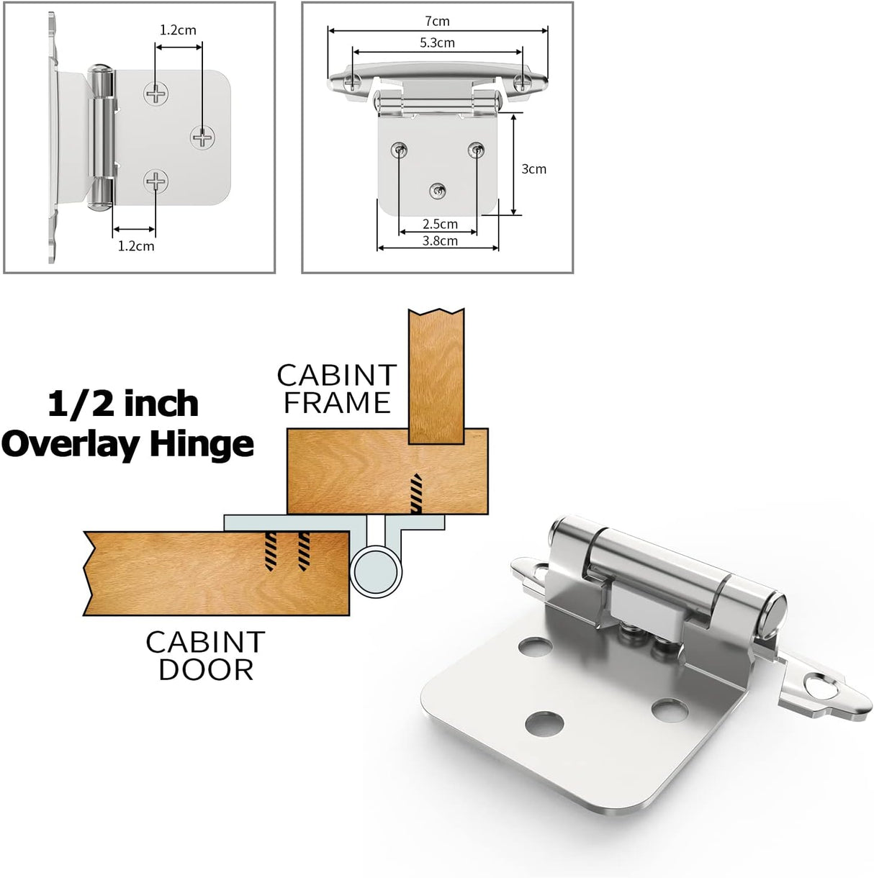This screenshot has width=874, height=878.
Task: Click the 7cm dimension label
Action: pyautogui.click(x=437, y=21)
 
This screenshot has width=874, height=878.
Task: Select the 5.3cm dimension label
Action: pyautogui.click(x=437, y=42)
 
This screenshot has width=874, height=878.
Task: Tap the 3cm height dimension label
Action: pyautogui.click(x=533, y=168)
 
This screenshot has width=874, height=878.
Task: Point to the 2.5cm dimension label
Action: pyautogui.click(x=440, y=224)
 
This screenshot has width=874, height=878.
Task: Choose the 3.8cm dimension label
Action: pyautogui.click(x=440, y=240)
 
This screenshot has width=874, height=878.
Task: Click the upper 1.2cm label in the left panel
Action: pyautogui.click(x=178, y=30)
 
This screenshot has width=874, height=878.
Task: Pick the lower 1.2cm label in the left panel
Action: pyautogui.click(x=136, y=245)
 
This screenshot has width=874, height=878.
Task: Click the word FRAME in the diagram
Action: pyautogui.click(x=337, y=403)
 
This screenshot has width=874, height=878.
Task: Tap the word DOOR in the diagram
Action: pyautogui.click(x=206, y=669)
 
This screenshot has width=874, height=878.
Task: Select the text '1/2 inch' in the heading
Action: pyautogui.click(x=123, y=404)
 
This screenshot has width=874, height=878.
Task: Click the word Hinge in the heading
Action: pyautogui.click(x=202, y=444)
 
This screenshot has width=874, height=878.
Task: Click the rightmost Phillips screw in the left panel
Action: pyautogui.click(x=203, y=136)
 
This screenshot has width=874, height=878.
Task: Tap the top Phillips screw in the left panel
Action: pyautogui.click(x=156, y=93)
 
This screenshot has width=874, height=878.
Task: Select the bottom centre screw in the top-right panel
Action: pyautogui.click(x=438, y=191)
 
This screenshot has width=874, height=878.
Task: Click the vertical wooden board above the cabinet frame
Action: pyautogui.click(x=436, y=374)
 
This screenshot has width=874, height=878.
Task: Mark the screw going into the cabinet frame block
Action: pyautogui.click(x=416, y=494)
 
